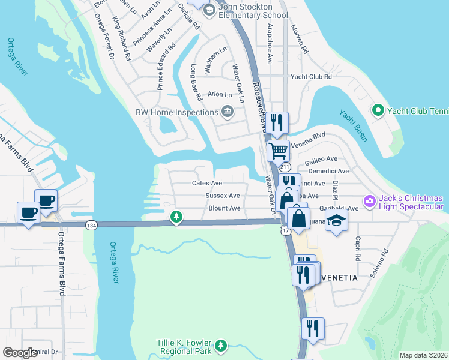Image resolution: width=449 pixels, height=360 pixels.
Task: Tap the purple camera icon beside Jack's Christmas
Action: tap(370, 200)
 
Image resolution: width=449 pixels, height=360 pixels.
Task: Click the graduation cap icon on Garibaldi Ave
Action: tap(337, 220)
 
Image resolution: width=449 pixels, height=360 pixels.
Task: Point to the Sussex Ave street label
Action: tap(222, 196)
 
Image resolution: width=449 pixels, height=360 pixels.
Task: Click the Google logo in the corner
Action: tap(20, 353)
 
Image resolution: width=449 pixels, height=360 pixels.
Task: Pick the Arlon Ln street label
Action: tap(219, 95)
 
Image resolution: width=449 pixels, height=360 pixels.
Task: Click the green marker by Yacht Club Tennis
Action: tap(378, 110)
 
